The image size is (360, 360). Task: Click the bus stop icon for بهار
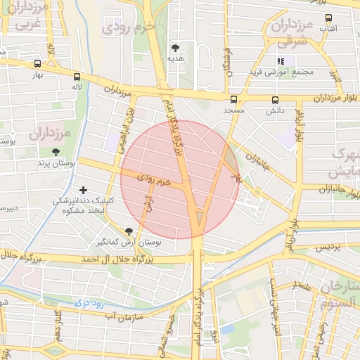point(37,64)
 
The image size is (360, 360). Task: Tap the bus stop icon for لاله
point(77,77)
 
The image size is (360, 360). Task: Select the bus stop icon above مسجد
point(233,100)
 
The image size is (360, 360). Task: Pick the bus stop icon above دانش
point(274,100)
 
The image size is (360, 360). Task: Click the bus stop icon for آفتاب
point(328,18)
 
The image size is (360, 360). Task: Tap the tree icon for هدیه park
point(175,48)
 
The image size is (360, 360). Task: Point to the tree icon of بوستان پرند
point(56,152)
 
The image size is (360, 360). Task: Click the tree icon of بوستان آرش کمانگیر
point(128,231)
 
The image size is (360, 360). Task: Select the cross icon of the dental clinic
point(84,190)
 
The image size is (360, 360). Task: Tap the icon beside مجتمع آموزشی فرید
point(281,61)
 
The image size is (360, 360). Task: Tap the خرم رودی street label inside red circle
point(154,180)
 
